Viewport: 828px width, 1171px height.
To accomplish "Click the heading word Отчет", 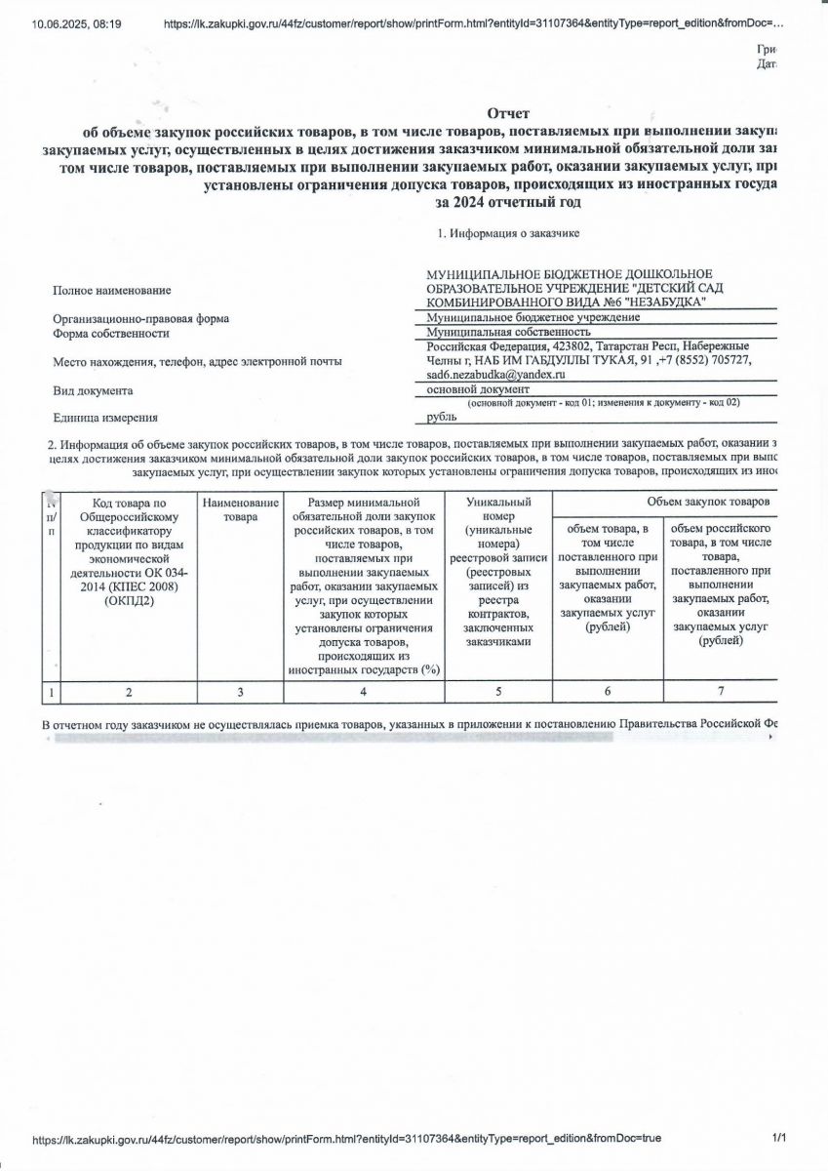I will tap(507, 114).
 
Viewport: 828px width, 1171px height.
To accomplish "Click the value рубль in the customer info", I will tap(442, 417).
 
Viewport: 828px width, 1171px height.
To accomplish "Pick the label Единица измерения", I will tap(105, 418).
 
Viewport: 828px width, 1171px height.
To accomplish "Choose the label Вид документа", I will tap(93, 390).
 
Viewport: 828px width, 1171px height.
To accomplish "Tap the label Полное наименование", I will tap(111, 290).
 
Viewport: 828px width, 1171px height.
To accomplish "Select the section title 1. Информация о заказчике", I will tap(508, 233).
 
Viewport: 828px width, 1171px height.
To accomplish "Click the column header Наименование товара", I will tap(240, 508).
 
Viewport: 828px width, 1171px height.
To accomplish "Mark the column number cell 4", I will tap(363, 692).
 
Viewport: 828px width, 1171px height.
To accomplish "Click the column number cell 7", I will tap(721, 692).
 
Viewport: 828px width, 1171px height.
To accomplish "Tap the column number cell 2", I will tap(129, 692).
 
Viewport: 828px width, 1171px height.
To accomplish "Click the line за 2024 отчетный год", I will tap(507, 203).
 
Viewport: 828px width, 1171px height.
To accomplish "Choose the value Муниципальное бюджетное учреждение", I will tap(519, 318).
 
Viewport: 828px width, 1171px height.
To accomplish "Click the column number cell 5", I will tap(497, 692).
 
